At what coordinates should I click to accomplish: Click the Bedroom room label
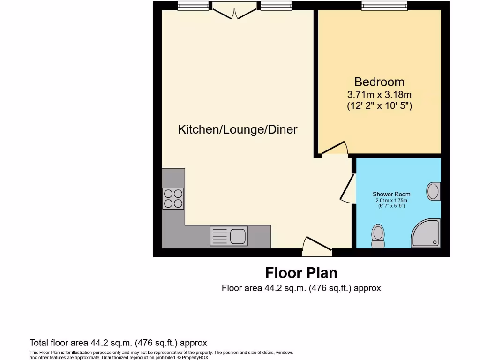point(379,82)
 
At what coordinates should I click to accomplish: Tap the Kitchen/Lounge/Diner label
point(238,130)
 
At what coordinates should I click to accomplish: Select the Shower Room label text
point(391,194)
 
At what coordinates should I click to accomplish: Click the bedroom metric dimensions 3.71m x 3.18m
point(379,94)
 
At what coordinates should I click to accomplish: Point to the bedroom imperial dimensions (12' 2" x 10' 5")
point(379,106)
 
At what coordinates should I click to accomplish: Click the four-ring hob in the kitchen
point(173,198)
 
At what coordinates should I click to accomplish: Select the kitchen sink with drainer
point(229,235)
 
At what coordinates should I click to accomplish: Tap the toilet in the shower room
point(377,235)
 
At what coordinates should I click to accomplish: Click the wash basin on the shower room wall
point(434,191)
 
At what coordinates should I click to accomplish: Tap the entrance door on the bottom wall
point(317,247)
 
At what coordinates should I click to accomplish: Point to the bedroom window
point(384,6)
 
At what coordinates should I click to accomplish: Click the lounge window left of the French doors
point(194,6)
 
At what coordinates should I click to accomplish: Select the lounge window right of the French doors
point(276,6)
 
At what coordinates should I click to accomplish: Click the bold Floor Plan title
point(301,273)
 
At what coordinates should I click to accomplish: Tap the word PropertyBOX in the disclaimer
point(195,357)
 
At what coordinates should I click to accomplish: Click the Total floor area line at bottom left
point(118,343)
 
